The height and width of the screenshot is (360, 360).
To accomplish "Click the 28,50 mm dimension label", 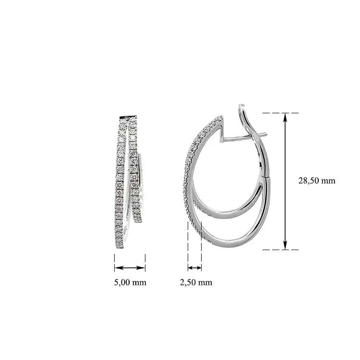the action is (317, 180).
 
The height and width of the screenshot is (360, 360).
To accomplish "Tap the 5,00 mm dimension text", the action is (130, 282).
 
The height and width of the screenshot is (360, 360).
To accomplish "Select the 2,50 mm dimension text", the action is (196, 282).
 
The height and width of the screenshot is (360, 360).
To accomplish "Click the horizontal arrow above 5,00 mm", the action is (130, 268).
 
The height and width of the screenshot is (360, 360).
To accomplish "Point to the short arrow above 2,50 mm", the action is (195, 268).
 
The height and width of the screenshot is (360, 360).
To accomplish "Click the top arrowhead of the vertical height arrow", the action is (285, 117).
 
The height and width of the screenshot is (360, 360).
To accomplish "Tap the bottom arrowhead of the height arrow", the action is (285, 245).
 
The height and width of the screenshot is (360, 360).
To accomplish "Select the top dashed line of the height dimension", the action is (280, 113).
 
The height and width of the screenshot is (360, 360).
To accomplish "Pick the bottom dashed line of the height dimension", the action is (280, 250).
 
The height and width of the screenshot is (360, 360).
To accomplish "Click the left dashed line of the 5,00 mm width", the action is (115, 263).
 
